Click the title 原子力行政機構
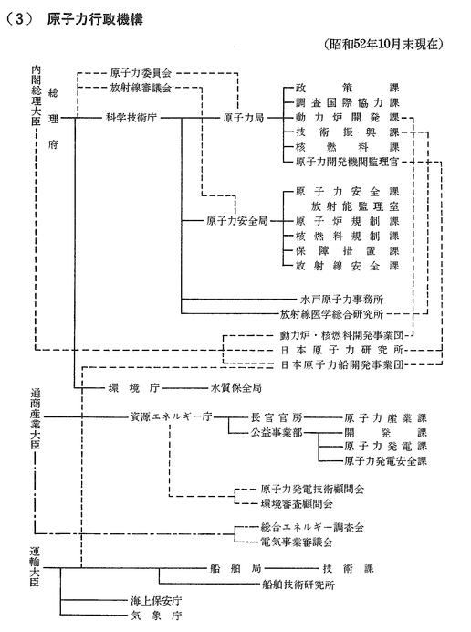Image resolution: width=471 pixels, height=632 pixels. pos(95,19)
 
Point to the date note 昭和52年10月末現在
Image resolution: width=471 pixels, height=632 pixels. pos(383,44)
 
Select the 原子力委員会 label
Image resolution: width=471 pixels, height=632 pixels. pos(141,73)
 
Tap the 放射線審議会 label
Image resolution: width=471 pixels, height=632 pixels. pos(141,88)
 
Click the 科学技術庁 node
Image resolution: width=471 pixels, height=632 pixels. pos(131,118)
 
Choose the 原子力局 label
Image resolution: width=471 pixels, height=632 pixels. pos(244,118)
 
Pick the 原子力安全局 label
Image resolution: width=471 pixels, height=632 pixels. pos(237,221)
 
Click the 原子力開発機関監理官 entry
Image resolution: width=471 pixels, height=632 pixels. pos(347,162)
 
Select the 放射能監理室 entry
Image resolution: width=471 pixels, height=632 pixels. pos(355,206)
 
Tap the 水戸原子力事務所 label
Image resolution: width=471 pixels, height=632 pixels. pos(342,299)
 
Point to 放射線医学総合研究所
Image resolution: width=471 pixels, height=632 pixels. pos(331,314)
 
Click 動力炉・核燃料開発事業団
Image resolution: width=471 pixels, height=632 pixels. pos(342,335)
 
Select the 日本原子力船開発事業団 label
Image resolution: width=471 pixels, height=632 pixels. pos(342,364)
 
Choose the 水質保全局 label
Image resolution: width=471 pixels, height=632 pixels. pos(236,388)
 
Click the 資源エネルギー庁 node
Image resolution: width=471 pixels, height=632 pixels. pos(171,417)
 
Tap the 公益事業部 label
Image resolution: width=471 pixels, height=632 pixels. pos(277,432)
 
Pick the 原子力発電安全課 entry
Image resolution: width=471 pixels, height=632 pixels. pos(385,460)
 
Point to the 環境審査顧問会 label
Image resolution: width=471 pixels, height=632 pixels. pos(297,504)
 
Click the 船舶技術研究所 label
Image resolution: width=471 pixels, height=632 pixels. pos(298,585)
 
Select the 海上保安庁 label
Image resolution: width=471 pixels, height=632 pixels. pos(156,601)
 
